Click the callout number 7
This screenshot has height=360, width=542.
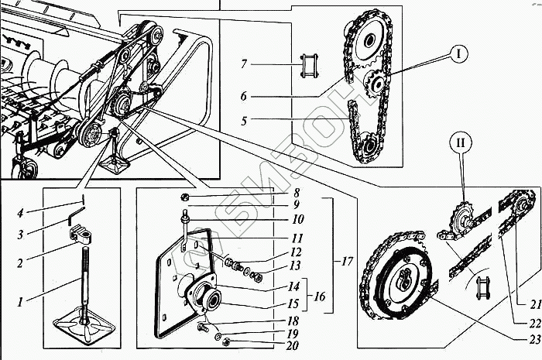coord(244,63)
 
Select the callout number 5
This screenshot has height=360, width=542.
coord(244,120)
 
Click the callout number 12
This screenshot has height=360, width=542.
coord(295,251)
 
